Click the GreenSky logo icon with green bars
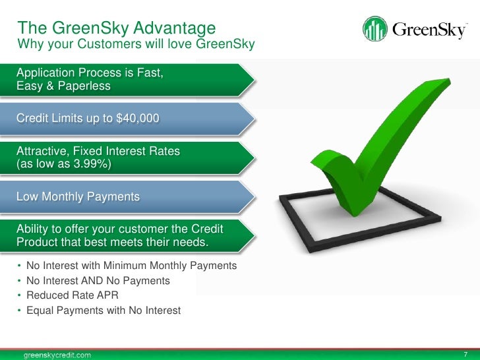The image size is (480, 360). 375,29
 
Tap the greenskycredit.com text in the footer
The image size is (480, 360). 58,354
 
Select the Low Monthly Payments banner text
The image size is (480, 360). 78,196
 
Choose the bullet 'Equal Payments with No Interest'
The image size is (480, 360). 103,310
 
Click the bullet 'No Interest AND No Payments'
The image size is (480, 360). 98,281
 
